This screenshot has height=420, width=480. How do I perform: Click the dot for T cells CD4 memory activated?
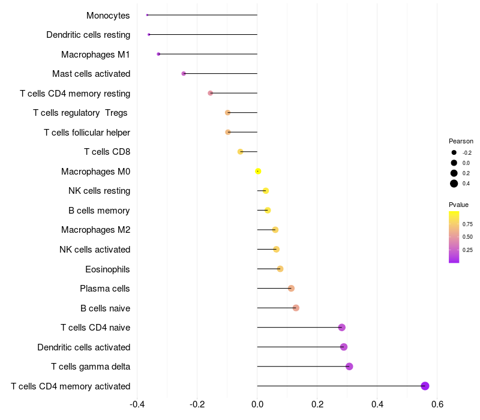[x=425, y=386]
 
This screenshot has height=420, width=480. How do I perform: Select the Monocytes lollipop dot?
[x=147, y=15]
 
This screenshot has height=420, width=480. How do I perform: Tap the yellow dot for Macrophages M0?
[x=258, y=171]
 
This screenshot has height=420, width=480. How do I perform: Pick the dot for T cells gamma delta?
[x=349, y=367]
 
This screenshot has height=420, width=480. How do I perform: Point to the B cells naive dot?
[x=296, y=308]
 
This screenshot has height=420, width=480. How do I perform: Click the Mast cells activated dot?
[x=184, y=74]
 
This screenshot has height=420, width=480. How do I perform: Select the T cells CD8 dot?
[x=240, y=152]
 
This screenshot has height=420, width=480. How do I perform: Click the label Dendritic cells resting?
[x=88, y=35]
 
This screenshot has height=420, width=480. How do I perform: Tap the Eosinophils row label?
[x=107, y=269]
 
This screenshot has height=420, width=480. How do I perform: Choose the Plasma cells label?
[x=105, y=289]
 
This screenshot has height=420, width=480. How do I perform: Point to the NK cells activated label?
[x=95, y=250]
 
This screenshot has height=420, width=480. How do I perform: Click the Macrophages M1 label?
[x=95, y=55]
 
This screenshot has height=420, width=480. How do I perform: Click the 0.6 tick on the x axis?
[x=437, y=403]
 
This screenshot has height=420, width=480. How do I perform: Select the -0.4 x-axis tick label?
[x=137, y=403]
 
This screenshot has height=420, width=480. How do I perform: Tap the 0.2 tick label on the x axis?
[x=317, y=403]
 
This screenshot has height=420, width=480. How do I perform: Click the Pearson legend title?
[x=461, y=141]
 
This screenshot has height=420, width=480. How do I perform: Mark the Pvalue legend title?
[x=458, y=205]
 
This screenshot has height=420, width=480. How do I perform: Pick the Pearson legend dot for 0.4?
[x=454, y=184]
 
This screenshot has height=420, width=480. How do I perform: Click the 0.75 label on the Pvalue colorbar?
[x=467, y=224]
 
